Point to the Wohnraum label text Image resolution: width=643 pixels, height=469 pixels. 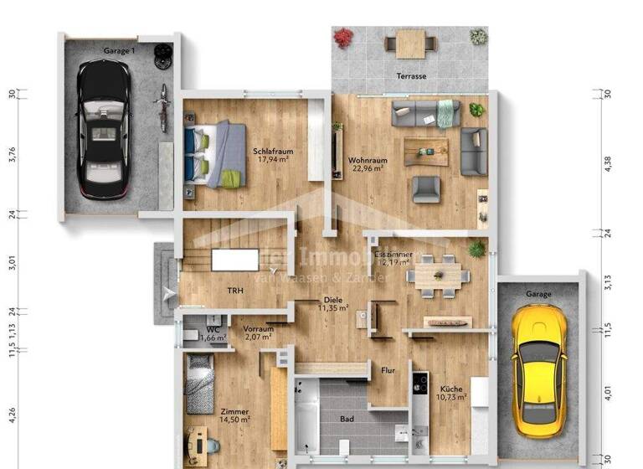[365, 158]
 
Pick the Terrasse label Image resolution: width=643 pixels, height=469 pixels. [411, 76]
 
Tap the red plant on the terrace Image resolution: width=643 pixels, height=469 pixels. [342, 38]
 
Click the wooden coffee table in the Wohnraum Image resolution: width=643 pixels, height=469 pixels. [426, 151]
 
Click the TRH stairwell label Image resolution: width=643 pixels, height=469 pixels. [235, 291]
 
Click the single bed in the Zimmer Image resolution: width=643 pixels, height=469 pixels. [200, 383]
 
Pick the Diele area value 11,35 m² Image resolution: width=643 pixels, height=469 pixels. [333, 307]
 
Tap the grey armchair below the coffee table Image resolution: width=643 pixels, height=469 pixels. [426, 190]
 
